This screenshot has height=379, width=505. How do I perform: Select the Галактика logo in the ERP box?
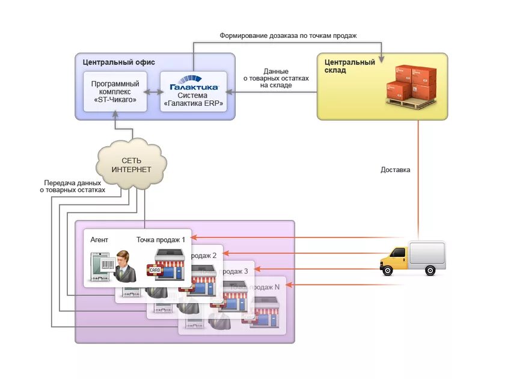[193, 87]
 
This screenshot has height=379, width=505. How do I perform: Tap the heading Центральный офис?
[115, 62]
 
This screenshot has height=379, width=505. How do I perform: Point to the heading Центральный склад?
[349, 66]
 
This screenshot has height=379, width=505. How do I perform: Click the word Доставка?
[395, 170]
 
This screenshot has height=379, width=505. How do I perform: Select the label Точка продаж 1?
[161, 239]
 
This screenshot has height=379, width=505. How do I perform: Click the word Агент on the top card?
[99, 239]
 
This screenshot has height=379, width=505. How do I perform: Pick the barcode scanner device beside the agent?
[102, 267]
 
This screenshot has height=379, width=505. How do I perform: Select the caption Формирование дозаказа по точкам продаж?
[288, 35]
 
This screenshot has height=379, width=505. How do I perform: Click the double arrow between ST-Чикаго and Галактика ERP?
[153, 91]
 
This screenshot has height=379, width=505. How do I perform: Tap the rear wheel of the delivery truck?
[429, 271]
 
